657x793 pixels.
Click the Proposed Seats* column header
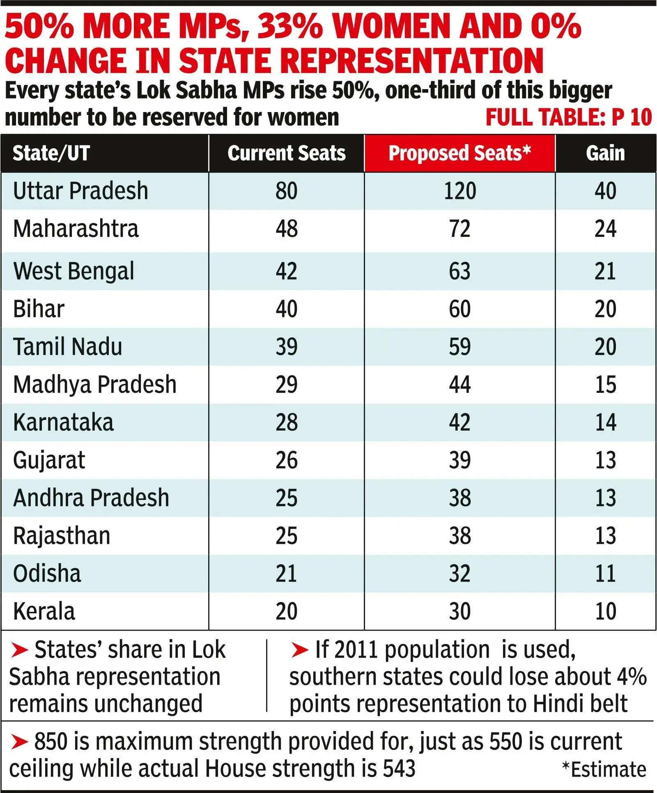pyautogui.click(x=459, y=154)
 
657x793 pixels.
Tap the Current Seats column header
pyautogui.click(x=287, y=154)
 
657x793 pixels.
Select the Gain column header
pyautogui.click(x=605, y=154)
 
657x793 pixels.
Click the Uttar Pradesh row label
pyautogui.click(x=80, y=191)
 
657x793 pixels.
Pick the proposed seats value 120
pyautogui.click(x=460, y=191)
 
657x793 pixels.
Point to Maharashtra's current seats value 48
pyautogui.click(x=287, y=229)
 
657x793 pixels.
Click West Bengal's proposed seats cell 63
pyautogui.click(x=459, y=271)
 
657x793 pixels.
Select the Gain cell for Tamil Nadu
pyautogui.click(x=605, y=347)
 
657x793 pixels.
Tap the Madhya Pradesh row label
pyautogui.click(x=94, y=385)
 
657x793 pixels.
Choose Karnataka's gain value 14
pyautogui.click(x=605, y=423)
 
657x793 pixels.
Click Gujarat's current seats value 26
pyautogui.click(x=287, y=461)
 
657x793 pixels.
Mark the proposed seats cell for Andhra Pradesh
pyautogui.click(x=459, y=498)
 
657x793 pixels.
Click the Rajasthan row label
pyautogui.click(x=62, y=536)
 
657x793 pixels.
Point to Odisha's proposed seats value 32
pyautogui.click(x=459, y=574)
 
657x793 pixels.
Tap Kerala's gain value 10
pyautogui.click(x=605, y=612)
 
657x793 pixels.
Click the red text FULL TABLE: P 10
pyautogui.click(x=568, y=117)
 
